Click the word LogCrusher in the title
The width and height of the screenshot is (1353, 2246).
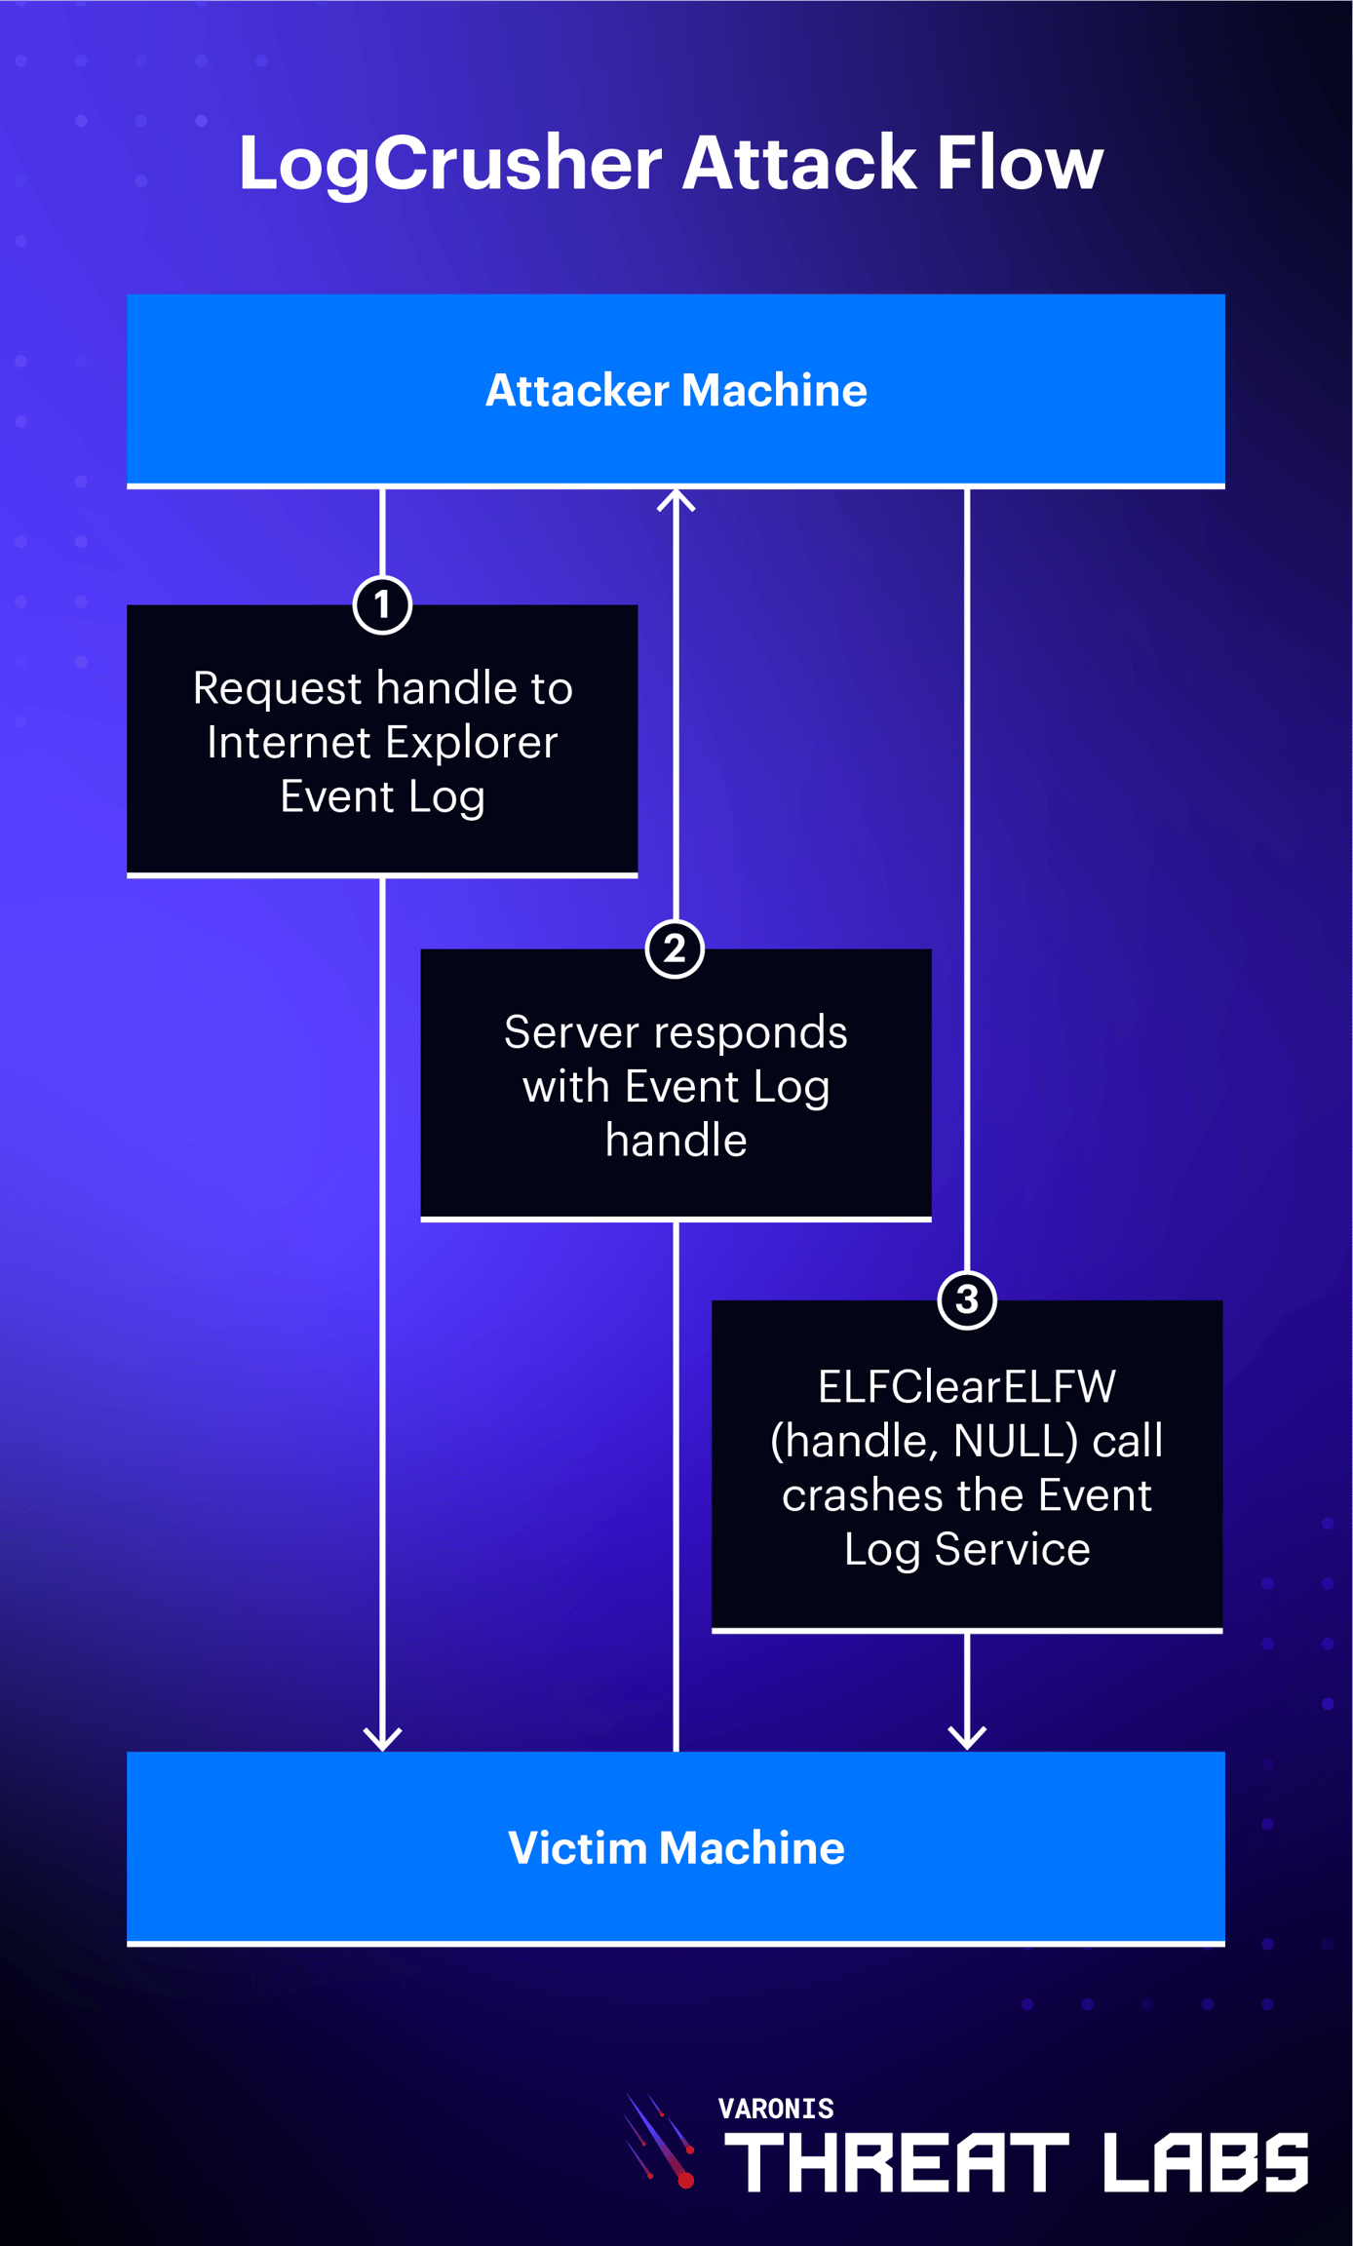[x=450, y=163]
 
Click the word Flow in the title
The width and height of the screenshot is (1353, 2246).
[x=1020, y=163]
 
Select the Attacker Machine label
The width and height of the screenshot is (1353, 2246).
[x=676, y=390]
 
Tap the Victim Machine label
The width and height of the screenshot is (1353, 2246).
[x=676, y=1847]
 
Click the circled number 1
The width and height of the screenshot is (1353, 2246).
[x=382, y=605]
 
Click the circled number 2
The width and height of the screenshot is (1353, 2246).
[x=675, y=949]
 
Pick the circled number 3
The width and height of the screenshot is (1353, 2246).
[x=966, y=1299]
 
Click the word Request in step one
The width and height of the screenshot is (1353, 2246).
[x=278, y=688]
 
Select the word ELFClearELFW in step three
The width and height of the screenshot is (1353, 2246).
[x=966, y=1386]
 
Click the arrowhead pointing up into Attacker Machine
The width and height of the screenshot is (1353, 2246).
[x=676, y=500]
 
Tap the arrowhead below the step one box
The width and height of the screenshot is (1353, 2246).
[x=382, y=1738]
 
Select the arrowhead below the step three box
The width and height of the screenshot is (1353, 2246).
[x=966, y=1736]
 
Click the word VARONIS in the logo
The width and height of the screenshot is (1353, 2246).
[x=776, y=2109]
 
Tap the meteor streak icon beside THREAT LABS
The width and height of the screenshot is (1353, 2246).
[x=661, y=2140]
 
